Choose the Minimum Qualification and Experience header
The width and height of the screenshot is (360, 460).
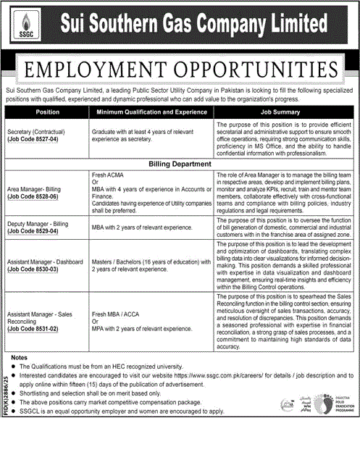tap(151, 113)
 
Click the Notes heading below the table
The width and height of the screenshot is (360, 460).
tap(20, 359)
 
